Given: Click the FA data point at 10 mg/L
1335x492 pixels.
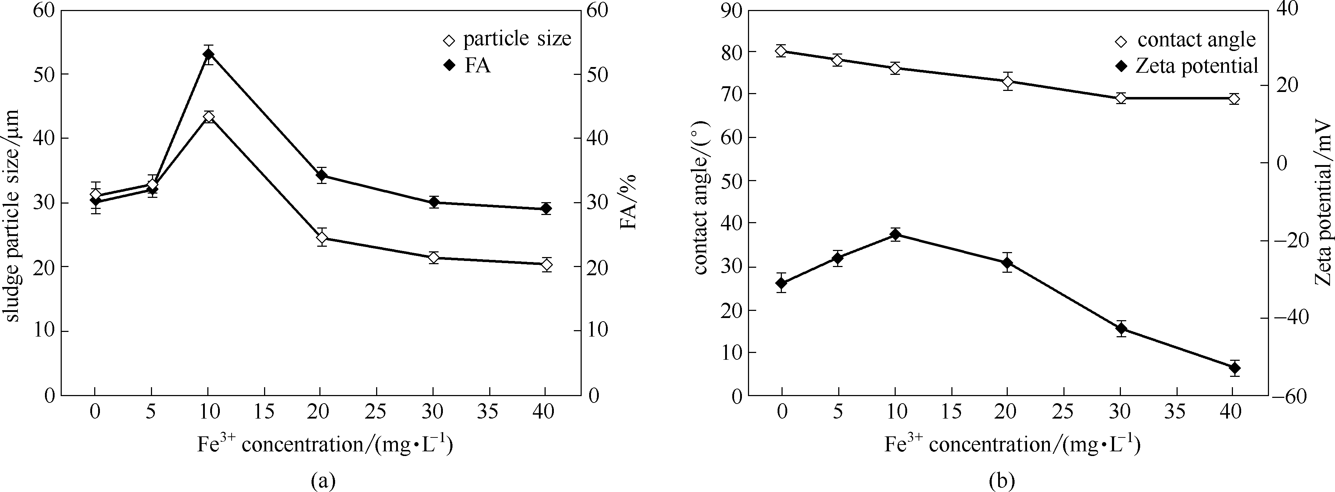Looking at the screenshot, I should (208, 54).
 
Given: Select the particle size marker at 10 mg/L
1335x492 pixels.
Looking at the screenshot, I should (208, 117).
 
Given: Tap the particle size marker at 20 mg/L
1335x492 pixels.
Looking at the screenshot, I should (322, 238).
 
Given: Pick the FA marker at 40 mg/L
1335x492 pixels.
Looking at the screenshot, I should (546, 209).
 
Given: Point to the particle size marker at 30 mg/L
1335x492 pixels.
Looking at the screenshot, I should (434, 257).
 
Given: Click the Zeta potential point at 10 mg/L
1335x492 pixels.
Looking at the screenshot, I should (895, 235).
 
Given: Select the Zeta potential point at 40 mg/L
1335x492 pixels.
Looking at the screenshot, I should (1234, 368).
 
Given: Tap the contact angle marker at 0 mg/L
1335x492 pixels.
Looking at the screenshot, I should (782, 51).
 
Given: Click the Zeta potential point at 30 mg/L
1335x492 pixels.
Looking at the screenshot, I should (1121, 328).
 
